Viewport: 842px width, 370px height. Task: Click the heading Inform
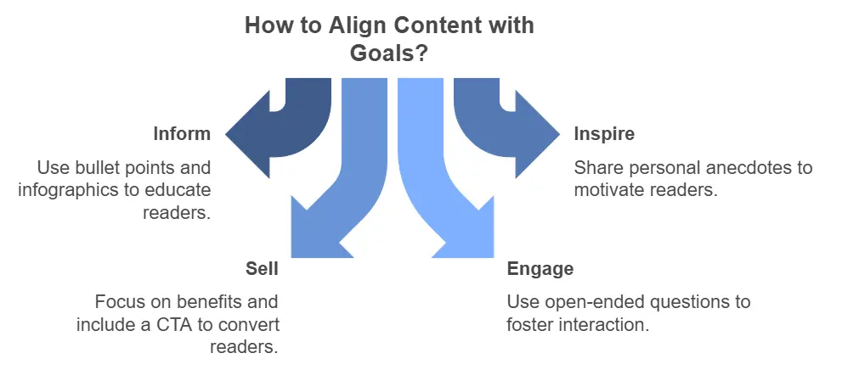(x=181, y=134)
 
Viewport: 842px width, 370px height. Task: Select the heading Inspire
(x=604, y=134)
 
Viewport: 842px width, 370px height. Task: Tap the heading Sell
(x=262, y=269)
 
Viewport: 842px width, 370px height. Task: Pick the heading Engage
(x=540, y=269)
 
